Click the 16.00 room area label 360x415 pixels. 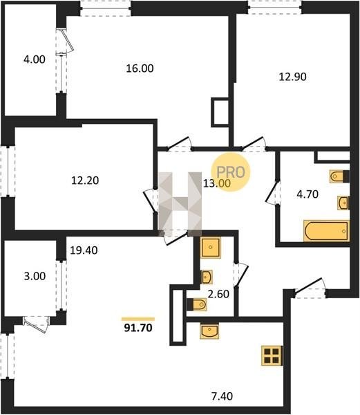point(140,68)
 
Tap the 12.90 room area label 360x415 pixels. point(292,77)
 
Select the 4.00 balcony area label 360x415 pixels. point(35,59)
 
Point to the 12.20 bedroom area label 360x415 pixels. point(85,181)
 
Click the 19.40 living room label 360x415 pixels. point(84,250)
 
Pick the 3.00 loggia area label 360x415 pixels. point(35,276)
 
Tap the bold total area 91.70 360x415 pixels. point(138,328)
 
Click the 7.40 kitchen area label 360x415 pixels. point(222,396)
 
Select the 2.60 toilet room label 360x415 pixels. point(218,294)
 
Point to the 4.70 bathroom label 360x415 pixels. point(307,194)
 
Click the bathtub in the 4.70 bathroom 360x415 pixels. point(326,231)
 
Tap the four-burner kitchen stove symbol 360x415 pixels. point(272,356)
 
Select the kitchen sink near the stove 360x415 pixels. point(209,331)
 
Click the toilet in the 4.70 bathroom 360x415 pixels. point(340,176)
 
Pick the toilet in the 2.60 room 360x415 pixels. point(197,304)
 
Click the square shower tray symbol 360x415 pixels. point(210,248)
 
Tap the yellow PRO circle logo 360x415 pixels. point(231,172)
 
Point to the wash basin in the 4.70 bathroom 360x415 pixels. point(343,203)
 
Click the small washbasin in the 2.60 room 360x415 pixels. point(207,277)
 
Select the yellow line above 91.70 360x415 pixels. point(138,319)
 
